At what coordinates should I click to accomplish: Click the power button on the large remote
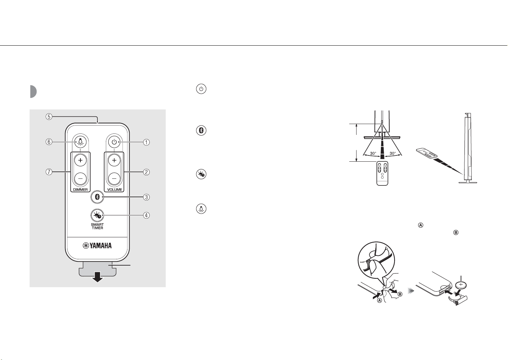[x=114, y=142]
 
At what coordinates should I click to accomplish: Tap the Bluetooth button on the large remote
[x=98, y=197]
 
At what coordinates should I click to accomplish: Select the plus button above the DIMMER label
[x=80, y=160]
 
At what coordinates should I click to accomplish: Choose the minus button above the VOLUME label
[x=114, y=178]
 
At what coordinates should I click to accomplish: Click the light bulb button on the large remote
[x=80, y=142]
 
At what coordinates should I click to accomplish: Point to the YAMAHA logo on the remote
[x=97, y=246]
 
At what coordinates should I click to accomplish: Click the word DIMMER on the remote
[x=80, y=190]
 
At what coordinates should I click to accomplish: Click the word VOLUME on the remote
[x=114, y=190]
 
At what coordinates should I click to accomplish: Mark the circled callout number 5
[x=49, y=117]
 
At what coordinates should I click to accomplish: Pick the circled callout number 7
[x=49, y=171]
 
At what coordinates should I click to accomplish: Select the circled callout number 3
[x=147, y=197]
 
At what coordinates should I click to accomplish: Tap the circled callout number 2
[x=147, y=171]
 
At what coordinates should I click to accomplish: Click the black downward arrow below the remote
[x=97, y=278]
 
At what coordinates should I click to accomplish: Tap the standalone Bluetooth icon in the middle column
[x=201, y=131]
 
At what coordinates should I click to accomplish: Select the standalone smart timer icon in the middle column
[x=201, y=175]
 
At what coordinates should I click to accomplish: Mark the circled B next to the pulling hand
[x=400, y=294]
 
